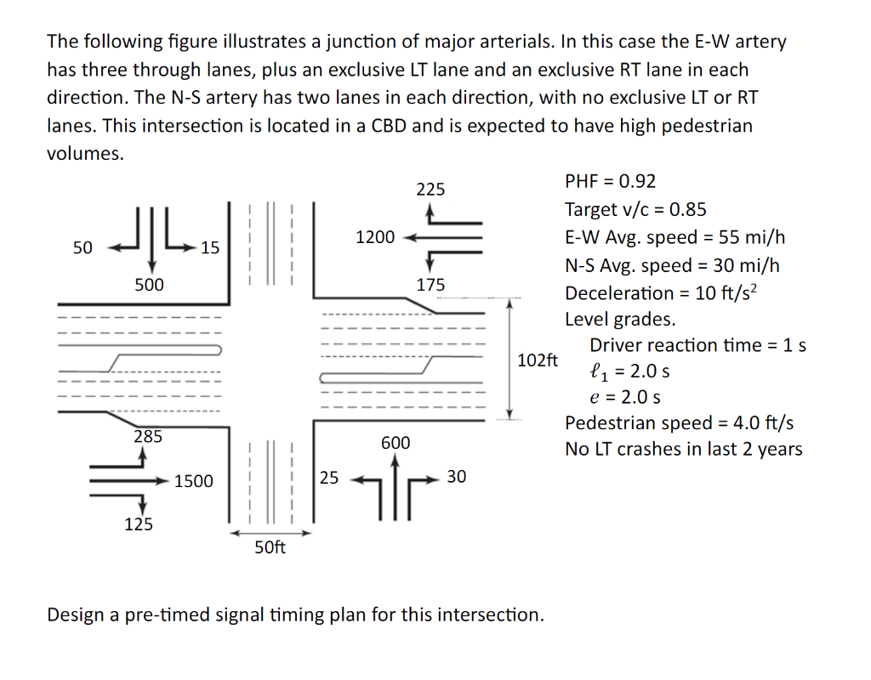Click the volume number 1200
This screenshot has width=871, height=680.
tap(374, 237)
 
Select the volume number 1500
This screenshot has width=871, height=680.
tap(193, 482)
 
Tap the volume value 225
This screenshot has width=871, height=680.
tap(430, 189)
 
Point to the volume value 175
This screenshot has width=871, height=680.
tap(430, 285)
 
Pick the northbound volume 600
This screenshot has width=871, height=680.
tap(396, 443)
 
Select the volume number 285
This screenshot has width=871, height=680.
tap(148, 437)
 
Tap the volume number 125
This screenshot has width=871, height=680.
tap(139, 524)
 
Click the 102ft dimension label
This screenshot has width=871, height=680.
tap(538, 360)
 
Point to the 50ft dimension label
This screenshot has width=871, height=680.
tap(270, 547)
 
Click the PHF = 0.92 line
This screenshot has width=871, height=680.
tap(610, 181)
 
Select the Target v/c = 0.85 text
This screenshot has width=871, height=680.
tap(635, 209)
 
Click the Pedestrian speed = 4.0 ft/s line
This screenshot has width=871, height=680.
tap(680, 423)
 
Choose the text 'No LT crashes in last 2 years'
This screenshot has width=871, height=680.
tap(683, 450)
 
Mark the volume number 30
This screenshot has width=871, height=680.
tap(456, 477)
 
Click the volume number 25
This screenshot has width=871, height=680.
tap(328, 478)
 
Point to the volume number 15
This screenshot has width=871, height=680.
tap(209, 247)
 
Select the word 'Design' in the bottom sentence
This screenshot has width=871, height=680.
tap(78, 614)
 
